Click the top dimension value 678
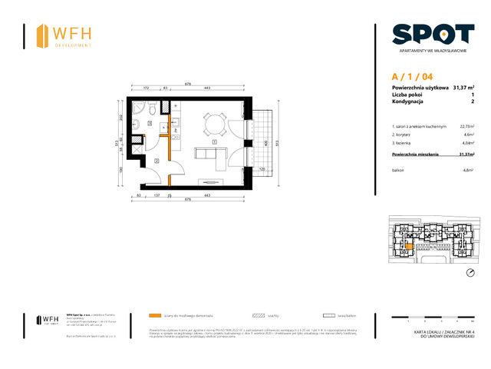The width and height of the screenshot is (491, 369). (187, 85)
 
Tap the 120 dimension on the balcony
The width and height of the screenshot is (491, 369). (262, 169)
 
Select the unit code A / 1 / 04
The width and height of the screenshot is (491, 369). (411, 76)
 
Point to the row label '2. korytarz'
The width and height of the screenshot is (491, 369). (404, 135)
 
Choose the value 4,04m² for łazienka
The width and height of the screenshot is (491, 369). (466, 143)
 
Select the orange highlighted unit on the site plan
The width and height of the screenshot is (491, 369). (409, 245)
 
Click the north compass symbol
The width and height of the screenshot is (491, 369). (470, 274)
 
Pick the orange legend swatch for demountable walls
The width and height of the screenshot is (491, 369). (156, 315)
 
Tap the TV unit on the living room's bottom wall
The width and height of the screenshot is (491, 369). (211, 181)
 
